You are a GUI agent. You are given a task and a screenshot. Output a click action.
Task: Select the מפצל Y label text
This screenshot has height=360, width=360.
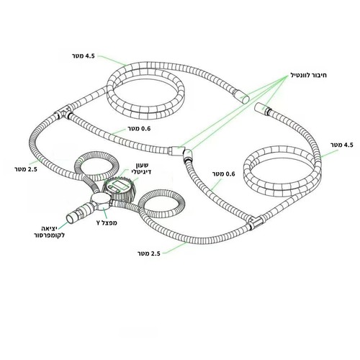tap(107, 222)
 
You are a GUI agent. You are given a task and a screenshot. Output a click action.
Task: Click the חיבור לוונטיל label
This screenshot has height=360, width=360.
tap(308, 75)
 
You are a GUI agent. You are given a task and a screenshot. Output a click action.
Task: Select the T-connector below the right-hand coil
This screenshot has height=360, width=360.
tap(256, 222)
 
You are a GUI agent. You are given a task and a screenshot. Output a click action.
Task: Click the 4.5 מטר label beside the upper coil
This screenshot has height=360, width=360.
tap(84, 56)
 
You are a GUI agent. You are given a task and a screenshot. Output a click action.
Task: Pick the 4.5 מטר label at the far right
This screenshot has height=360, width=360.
tap(342, 145)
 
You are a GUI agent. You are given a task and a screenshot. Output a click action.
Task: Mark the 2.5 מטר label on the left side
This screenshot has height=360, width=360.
tap(26, 169)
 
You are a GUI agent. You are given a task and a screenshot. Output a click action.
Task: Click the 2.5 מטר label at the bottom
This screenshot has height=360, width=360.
tap(149, 253)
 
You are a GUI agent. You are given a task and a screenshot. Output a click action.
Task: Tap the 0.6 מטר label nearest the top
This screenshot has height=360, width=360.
tap(139, 129)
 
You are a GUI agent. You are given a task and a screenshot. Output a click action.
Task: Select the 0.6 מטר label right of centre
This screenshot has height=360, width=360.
tap(224, 174)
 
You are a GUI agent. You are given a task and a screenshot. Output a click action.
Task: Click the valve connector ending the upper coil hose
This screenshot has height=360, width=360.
tap(243, 96)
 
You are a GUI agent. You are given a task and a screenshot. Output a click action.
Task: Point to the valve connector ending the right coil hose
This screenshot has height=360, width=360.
tap(261, 107)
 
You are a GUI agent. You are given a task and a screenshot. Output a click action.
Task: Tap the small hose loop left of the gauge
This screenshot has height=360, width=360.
tap(96, 166)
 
